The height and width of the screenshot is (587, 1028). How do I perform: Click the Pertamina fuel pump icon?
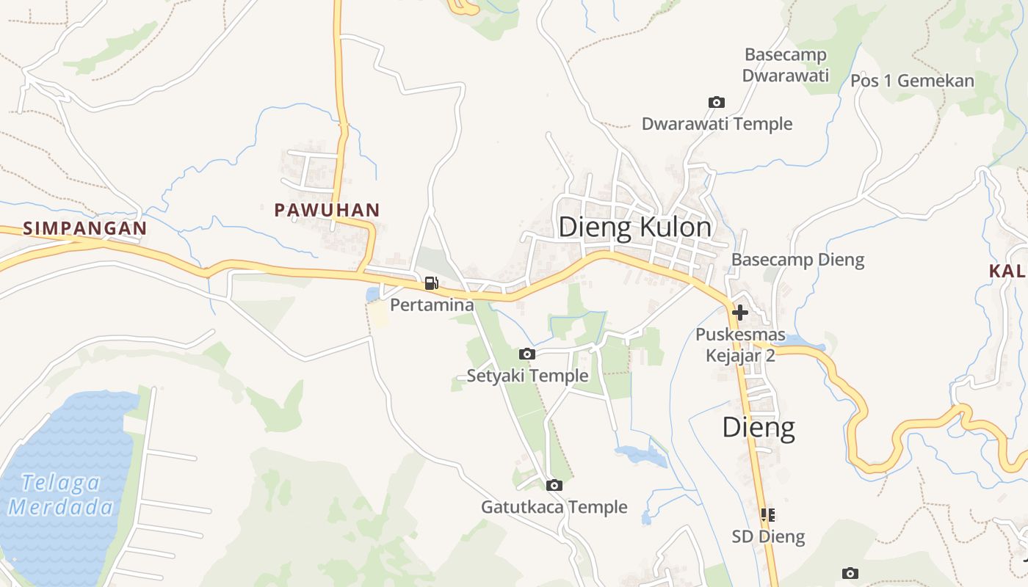click(432, 283)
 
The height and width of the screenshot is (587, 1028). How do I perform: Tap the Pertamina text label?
click(431, 305)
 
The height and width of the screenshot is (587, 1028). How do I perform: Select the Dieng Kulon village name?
click(634, 227)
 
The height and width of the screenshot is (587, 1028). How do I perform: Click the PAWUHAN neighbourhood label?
click(327, 211)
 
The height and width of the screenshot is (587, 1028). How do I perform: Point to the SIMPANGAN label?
click(85, 228)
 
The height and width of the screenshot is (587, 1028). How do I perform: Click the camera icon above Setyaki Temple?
click(526, 354)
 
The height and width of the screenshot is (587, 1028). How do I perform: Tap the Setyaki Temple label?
click(527, 376)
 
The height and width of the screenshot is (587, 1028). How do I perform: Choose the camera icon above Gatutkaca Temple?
click(554, 485)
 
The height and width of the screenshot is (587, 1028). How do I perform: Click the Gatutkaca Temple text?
click(554, 507)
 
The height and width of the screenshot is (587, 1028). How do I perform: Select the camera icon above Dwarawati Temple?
click(716, 103)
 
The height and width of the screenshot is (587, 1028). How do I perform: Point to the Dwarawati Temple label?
click(717, 124)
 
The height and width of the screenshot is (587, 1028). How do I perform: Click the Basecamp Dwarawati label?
click(785, 65)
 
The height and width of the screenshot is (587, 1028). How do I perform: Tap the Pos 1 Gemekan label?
click(912, 81)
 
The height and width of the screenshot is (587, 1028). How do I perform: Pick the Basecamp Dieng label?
click(797, 260)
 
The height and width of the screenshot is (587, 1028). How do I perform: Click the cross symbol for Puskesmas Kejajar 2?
click(739, 313)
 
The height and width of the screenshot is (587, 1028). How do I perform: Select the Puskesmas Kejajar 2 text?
click(740, 346)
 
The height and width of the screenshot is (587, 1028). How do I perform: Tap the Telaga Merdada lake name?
click(62, 495)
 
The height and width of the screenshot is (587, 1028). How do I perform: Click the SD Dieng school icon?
click(768, 515)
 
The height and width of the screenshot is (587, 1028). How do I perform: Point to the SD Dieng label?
click(768, 537)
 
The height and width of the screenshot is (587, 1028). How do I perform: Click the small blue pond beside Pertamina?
click(372, 294)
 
